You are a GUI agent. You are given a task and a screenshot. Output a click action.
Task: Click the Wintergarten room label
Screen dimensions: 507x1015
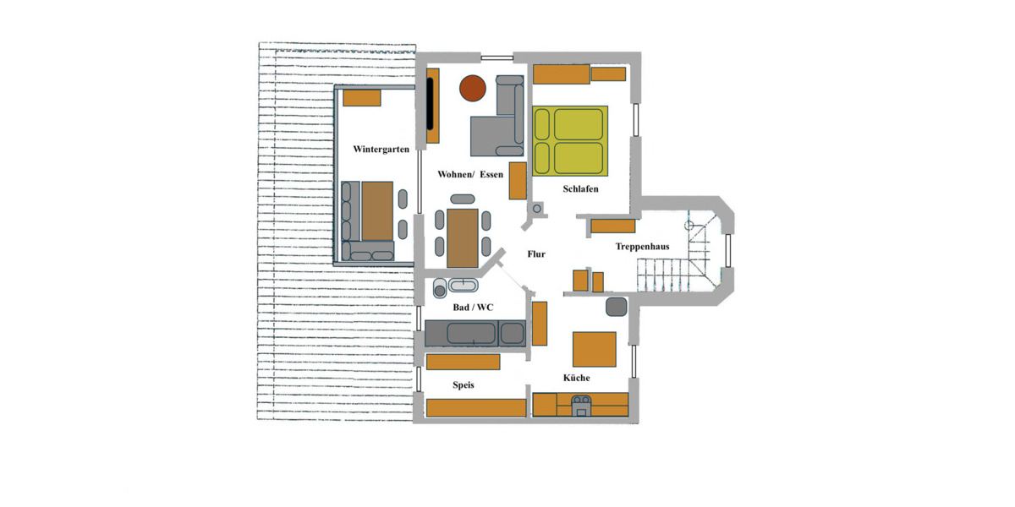click(x=381, y=150)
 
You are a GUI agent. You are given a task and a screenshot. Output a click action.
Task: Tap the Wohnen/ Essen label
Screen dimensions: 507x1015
click(x=469, y=175)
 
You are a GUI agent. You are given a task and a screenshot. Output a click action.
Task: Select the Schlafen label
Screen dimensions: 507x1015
click(x=580, y=189)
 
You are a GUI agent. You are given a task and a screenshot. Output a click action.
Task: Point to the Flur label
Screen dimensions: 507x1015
click(x=536, y=253)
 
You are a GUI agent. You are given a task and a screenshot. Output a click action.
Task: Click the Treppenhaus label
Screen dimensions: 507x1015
click(x=642, y=247)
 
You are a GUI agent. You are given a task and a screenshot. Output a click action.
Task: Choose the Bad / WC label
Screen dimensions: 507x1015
click(x=473, y=308)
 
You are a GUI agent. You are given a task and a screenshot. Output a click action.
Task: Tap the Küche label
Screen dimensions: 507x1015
click(x=576, y=378)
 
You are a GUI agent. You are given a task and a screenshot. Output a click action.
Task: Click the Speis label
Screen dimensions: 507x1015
click(x=463, y=385)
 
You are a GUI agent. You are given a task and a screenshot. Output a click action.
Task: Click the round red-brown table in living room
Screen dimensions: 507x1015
click(x=472, y=87)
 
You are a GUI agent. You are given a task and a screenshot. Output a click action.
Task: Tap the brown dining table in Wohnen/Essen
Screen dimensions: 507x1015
click(x=463, y=237)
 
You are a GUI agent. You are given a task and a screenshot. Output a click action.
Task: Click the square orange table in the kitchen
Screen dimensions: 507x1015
click(x=594, y=349)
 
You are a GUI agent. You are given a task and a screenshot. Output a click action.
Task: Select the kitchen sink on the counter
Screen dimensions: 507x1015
click(x=581, y=405)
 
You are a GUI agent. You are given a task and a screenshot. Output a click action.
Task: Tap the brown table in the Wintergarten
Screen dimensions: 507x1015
click(x=377, y=210)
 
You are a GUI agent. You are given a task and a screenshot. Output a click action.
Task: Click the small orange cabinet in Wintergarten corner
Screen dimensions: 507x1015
click(x=362, y=98)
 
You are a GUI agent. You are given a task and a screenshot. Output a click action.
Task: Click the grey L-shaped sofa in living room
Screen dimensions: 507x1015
click(x=499, y=127)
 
